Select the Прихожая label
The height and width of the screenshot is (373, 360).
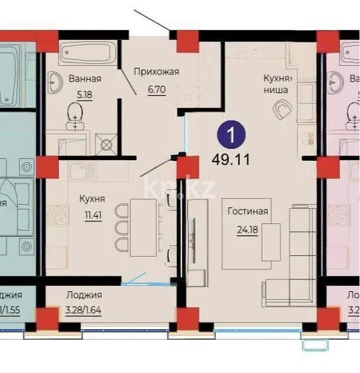pos(156,72)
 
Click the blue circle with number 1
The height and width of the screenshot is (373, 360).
pos(231,137)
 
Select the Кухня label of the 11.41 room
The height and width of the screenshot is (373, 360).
pos(92,197)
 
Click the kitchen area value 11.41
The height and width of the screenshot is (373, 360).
pos(92,215)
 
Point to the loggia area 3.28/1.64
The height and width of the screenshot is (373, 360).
pos(84,309)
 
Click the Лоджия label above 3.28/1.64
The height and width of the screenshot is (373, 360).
pos(84,295)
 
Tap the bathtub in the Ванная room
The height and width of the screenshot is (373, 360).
pos(86,52)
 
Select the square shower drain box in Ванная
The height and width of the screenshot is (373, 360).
pos(105,144)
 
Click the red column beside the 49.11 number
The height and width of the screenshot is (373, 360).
pos(189,166)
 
